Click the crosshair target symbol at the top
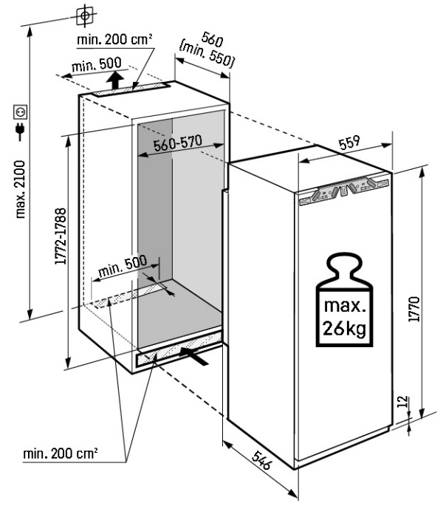click(x=87, y=14)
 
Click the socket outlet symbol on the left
click(x=21, y=112)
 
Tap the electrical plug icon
click(x=21, y=133)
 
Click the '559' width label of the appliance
click(x=350, y=146)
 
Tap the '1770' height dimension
click(x=414, y=305)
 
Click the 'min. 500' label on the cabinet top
click(x=92, y=68)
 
